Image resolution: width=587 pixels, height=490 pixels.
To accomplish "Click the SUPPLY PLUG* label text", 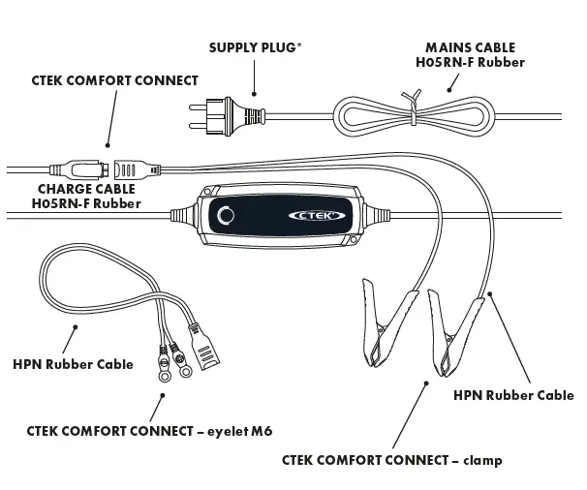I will point(253,46).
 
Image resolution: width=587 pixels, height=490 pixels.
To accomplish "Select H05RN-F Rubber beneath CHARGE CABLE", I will point(86,203).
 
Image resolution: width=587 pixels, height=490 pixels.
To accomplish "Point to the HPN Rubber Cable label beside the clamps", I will point(513,395).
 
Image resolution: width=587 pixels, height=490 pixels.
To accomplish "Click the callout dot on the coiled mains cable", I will point(448,91).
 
